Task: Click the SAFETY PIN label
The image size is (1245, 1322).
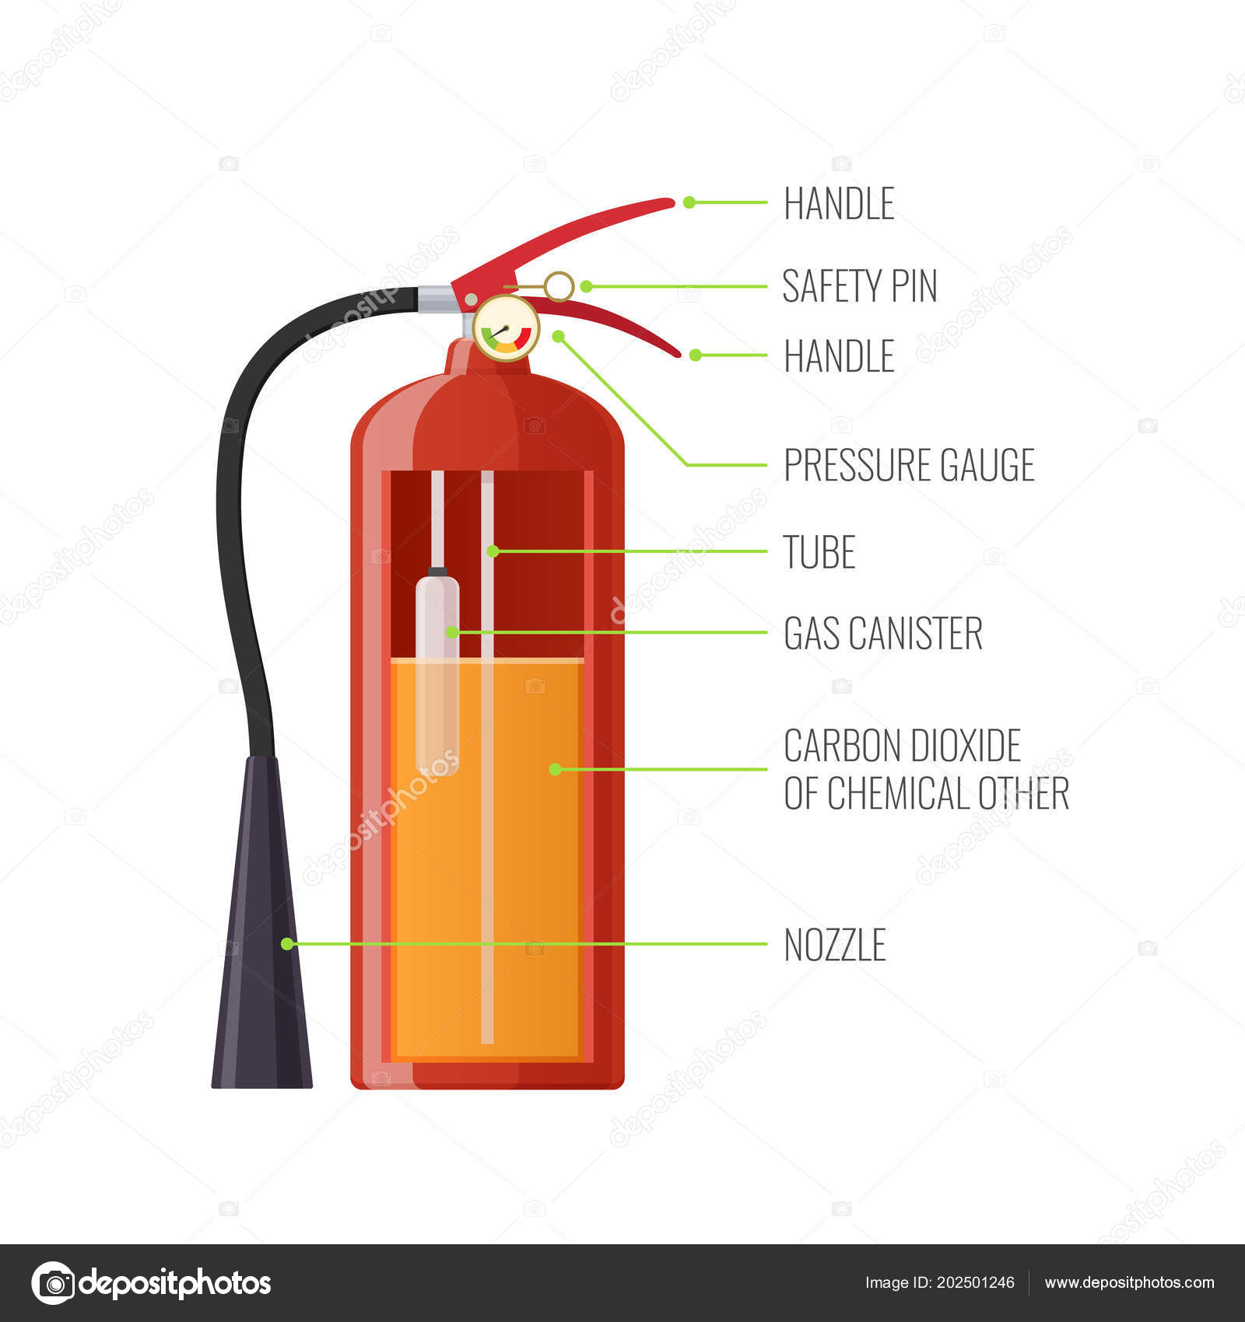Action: pos(860,285)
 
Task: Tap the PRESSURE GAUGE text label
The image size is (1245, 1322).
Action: pos(909,465)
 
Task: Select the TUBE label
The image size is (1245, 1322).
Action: pos(819,552)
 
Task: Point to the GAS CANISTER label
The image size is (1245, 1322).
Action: pos(883,633)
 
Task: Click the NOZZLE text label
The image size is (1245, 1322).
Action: pos(835,945)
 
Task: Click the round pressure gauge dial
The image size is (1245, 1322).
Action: pos(506,328)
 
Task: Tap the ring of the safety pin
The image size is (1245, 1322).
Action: pos(559,286)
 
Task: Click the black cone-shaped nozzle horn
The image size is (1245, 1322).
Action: pos(262,921)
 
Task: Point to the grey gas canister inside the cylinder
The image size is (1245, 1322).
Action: pos(437,670)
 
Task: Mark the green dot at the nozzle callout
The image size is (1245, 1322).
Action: pos(287,944)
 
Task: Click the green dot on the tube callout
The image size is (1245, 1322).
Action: pos(493,551)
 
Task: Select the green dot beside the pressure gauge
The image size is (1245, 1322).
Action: pos(558,336)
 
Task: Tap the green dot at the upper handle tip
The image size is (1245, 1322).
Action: pos(689,202)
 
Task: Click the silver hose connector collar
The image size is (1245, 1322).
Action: pos(437,299)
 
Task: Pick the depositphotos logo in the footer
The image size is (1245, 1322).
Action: pos(151,1283)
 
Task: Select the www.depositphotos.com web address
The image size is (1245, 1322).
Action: pos(1129,1283)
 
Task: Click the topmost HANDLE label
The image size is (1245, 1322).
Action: pos(839,204)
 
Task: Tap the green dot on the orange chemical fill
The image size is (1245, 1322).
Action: pos(555,769)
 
